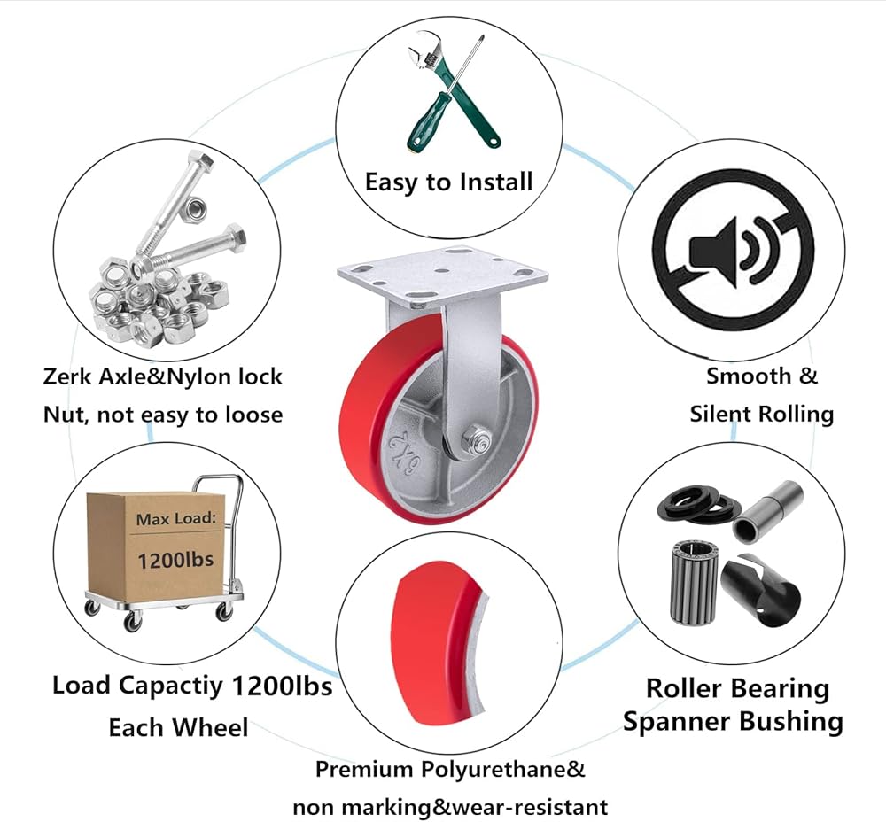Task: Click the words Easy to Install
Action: pyautogui.click(x=448, y=182)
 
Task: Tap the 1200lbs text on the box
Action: pyautogui.click(x=175, y=560)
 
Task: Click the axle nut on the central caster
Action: pyautogui.click(x=476, y=440)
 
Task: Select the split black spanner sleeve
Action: pyautogui.click(x=762, y=590)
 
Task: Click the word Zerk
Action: pyautogui.click(x=67, y=376)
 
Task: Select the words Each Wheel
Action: pyautogui.click(x=178, y=727)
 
